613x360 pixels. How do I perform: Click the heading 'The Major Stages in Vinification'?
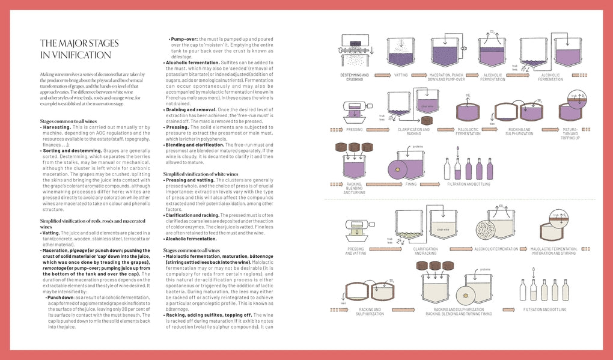point(79,49)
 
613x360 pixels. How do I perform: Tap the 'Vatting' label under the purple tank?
point(401,75)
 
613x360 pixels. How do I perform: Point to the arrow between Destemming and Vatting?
point(379,75)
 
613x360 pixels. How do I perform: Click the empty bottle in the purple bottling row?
point(447,169)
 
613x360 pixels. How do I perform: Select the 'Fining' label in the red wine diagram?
point(410,184)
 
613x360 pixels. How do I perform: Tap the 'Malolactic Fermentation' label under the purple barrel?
point(468,131)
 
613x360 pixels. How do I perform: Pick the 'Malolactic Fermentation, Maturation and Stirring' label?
point(554,251)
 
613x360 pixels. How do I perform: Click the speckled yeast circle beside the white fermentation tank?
point(486,231)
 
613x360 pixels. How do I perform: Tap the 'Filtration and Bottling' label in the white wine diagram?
point(544,309)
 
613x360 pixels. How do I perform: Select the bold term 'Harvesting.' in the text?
point(56,127)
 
